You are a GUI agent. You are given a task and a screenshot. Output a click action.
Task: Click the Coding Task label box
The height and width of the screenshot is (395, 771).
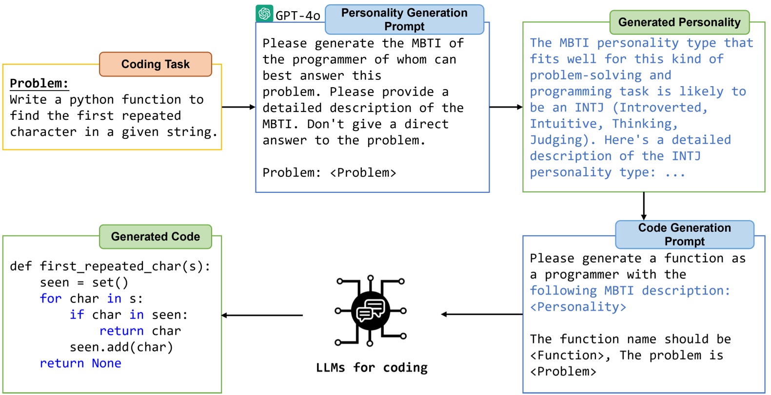pos(155,64)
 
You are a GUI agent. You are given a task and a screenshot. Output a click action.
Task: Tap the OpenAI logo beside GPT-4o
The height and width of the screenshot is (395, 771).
pos(264,14)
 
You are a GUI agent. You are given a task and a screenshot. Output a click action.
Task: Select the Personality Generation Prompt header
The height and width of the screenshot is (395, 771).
pos(404,19)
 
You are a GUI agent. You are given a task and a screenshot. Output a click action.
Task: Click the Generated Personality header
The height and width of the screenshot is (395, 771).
pos(679,22)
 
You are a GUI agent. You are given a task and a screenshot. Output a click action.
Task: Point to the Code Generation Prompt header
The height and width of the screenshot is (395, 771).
pos(684,234)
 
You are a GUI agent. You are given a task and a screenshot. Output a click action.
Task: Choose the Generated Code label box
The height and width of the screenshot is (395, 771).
pos(155,237)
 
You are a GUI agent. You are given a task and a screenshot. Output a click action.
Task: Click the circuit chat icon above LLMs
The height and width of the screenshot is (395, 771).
pos(370,310)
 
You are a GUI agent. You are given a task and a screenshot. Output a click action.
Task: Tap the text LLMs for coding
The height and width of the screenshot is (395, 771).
pos(372,368)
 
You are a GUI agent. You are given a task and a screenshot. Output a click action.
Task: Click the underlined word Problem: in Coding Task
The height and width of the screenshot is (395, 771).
pos(39,83)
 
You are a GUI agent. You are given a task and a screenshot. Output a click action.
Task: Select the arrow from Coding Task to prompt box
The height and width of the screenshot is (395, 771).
pos(238,107)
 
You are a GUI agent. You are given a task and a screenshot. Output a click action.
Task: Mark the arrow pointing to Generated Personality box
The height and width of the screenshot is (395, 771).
pos(506,107)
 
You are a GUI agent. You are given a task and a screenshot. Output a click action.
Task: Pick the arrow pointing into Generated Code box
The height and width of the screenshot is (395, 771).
pos(262,315)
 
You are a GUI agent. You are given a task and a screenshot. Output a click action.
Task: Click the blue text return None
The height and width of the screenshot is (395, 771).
pos(80,363)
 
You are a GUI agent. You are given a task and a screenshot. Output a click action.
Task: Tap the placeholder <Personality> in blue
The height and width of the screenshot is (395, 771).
pos(578,307)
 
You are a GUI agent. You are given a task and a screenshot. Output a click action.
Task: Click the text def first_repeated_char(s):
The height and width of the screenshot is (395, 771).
pos(110,266)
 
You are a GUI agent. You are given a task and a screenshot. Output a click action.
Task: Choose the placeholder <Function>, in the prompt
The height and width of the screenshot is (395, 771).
pos(570,356)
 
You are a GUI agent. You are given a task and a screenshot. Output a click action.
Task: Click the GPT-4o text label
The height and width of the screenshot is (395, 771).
pos(297,16)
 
